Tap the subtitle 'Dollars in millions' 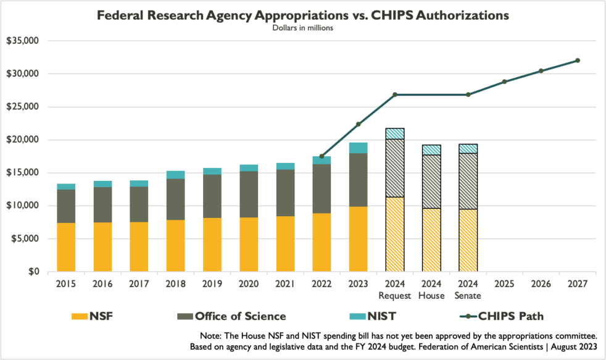coord(302,28)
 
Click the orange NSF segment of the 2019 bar coord(212,245)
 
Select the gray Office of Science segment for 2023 coord(359,180)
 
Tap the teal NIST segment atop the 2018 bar coord(176,175)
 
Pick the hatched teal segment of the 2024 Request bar coord(395,133)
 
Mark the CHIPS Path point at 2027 coord(578,61)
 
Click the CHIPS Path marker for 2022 coord(322,156)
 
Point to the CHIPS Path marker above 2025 coord(504,82)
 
